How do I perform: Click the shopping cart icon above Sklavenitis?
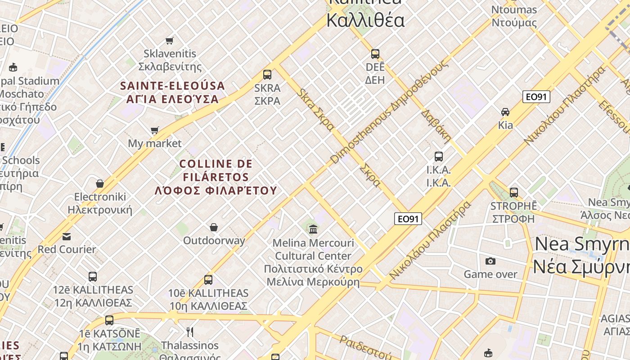(170, 41)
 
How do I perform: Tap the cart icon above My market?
(155, 130)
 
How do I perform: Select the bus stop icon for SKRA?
(267, 75)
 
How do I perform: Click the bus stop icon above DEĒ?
(375, 54)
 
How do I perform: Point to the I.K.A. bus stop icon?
(439, 157)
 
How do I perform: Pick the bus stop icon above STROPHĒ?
(514, 193)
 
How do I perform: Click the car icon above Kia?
(505, 112)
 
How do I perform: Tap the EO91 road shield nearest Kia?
(536, 97)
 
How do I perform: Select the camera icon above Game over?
(490, 261)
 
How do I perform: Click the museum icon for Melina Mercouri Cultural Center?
(313, 229)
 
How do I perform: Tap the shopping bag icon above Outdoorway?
(214, 227)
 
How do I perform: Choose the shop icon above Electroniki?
(100, 184)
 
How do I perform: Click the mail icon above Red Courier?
(67, 236)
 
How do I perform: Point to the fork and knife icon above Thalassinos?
(190, 332)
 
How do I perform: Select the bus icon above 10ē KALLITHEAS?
(208, 280)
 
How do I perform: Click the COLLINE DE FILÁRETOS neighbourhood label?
(216, 177)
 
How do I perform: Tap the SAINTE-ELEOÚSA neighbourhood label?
(172, 92)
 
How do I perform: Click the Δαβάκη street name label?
(436, 126)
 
